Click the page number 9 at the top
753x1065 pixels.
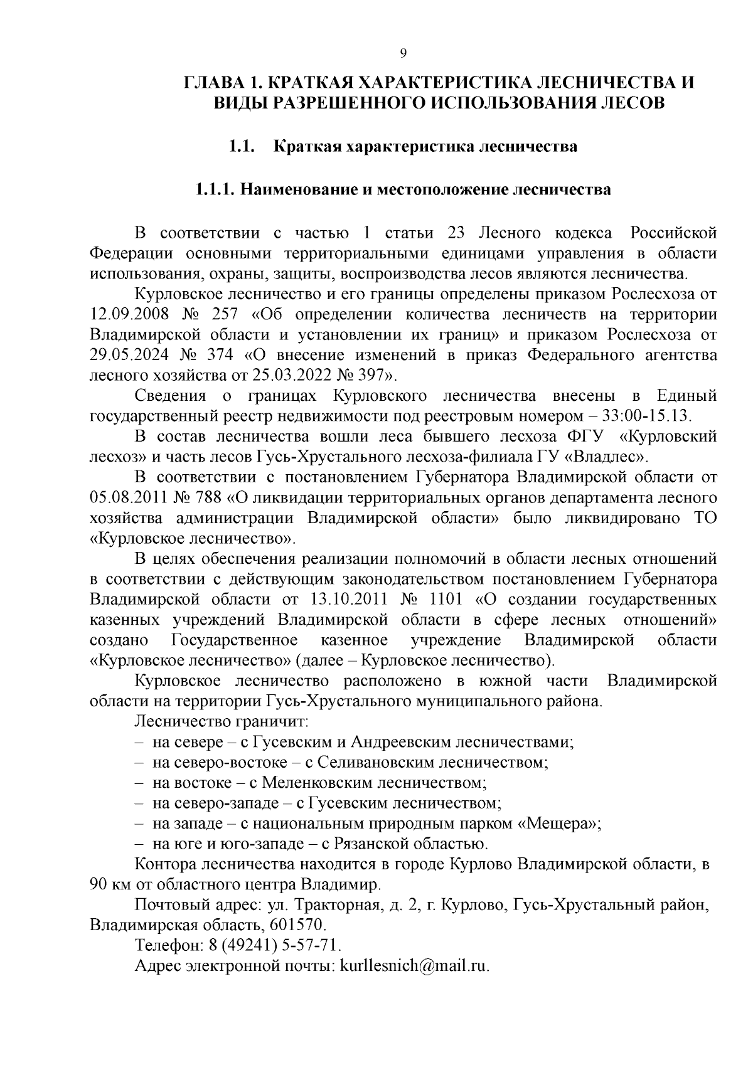point(403,53)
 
